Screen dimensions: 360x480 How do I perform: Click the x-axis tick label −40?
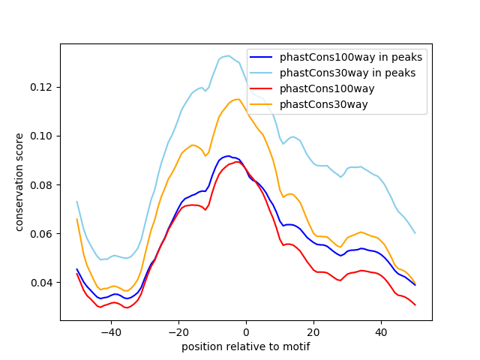pos(110,331)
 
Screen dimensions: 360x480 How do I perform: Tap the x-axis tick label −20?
pos(178,331)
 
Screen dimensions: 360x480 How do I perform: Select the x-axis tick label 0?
pos(246,331)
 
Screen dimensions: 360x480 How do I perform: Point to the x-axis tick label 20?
pos(313,331)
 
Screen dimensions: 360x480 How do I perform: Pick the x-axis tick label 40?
pos(381,331)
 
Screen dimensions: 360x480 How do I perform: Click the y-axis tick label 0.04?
pos(43,283)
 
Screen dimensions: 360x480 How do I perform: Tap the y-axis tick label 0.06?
pos(43,234)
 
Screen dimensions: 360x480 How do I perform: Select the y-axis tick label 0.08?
pos(43,185)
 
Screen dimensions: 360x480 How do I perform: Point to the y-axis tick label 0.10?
pos(43,136)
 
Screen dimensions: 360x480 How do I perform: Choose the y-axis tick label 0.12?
pos(43,88)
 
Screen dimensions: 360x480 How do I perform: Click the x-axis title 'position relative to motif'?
pos(246,346)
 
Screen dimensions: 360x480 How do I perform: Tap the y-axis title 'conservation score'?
pos(19,182)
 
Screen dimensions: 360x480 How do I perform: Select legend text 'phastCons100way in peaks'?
pos(351,57)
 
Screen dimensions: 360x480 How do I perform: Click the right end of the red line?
pos(415,304)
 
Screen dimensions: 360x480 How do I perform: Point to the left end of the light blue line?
pos(76,201)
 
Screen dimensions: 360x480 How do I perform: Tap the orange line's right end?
pos(415,283)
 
